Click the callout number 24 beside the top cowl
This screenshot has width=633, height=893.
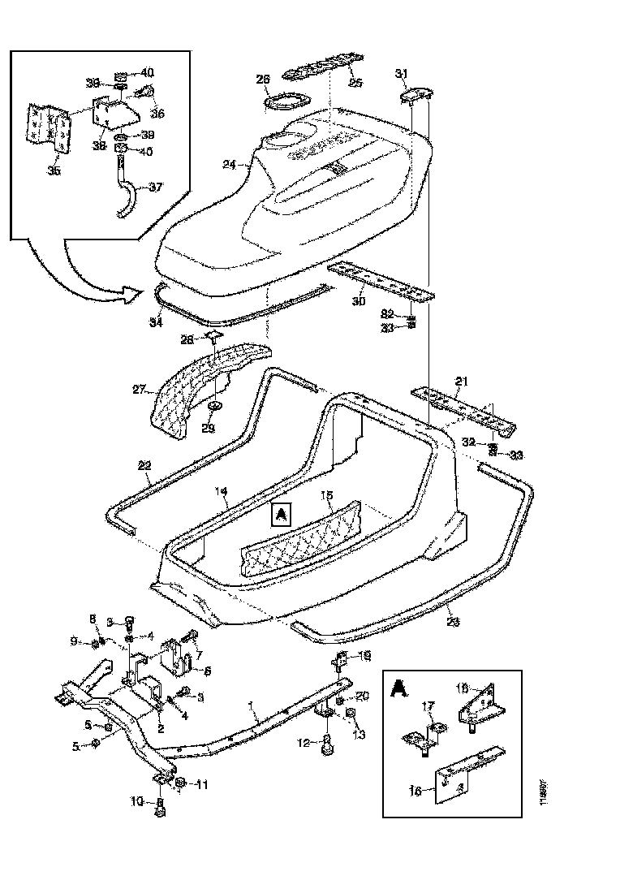coord(228,164)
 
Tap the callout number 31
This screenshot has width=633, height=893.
coord(400,75)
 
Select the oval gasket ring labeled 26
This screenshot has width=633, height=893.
coord(286,104)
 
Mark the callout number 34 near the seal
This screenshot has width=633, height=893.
coord(156,321)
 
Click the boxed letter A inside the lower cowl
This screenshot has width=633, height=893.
coord(280,513)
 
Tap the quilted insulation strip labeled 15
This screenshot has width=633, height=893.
coord(304,537)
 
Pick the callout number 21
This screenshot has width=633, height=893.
coord(461,381)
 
